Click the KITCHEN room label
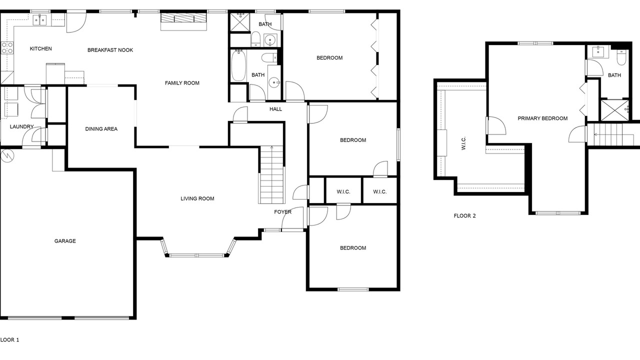coord(41,49)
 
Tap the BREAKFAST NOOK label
coord(110,50)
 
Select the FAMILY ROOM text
coord(182,83)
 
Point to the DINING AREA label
coord(101,129)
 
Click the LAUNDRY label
coord(21,126)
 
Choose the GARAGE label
coord(65,241)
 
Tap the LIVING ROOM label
coord(197,198)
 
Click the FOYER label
coord(283,211)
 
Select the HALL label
coord(275,109)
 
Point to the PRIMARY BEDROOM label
coord(542,118)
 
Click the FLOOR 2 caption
coord(465,215)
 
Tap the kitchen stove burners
coord(7,47)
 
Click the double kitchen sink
coord(40,20)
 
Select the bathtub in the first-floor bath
coord(238,65)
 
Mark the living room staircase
coord(271,174)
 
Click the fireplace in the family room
coord(183,21)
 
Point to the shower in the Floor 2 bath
coord(615,110)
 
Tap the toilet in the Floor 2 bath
coord(621,57)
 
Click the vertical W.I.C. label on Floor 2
coord(463,143)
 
